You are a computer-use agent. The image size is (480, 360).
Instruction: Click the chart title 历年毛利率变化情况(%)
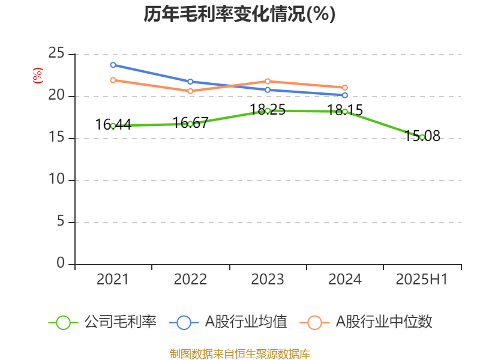[x=239, y=14]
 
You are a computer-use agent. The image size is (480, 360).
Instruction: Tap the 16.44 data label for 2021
[x=113, y=124]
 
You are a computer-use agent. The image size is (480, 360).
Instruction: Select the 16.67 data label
[x=190, y=122]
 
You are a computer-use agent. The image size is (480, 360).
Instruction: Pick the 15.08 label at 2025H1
[x=422, y=136]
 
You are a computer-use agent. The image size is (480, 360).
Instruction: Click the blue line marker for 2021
[x=113, y=65]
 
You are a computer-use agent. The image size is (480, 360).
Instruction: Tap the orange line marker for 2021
[x=113, y=80]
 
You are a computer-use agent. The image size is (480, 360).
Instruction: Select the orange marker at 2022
[x=190, y=91]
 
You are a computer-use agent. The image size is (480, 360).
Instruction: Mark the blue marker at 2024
[x=345, y=95]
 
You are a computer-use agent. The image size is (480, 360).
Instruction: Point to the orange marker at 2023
[x=268, y=81]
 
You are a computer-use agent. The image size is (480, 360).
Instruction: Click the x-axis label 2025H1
[x=422, y=280]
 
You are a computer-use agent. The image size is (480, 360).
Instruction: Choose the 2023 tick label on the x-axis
[x=268, y=280]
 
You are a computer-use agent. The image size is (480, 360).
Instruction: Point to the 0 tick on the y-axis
[x=61, y=264]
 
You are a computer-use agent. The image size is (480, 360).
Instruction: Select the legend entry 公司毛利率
[x=103, y=322]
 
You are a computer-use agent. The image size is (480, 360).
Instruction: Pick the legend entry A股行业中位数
[x=370, y=322]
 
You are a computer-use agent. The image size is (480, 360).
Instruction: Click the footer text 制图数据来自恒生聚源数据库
[x=239, y=353]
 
